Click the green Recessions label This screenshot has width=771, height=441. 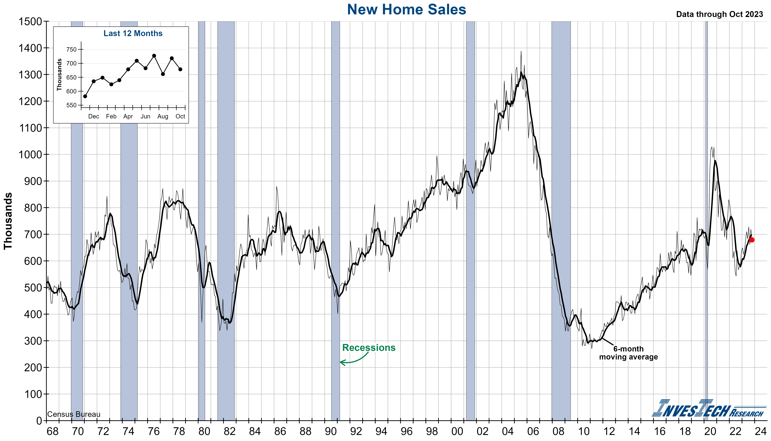point(369,348)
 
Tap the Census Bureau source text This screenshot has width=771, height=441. point(74,414)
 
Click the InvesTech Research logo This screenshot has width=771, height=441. point(708,409)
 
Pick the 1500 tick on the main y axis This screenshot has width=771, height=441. point(30,22)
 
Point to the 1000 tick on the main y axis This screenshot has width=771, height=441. point(30,155)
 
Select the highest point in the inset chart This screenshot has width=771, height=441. point(154,56)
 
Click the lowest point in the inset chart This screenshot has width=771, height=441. point(85,96)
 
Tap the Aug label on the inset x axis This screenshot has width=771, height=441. point(163,116)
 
